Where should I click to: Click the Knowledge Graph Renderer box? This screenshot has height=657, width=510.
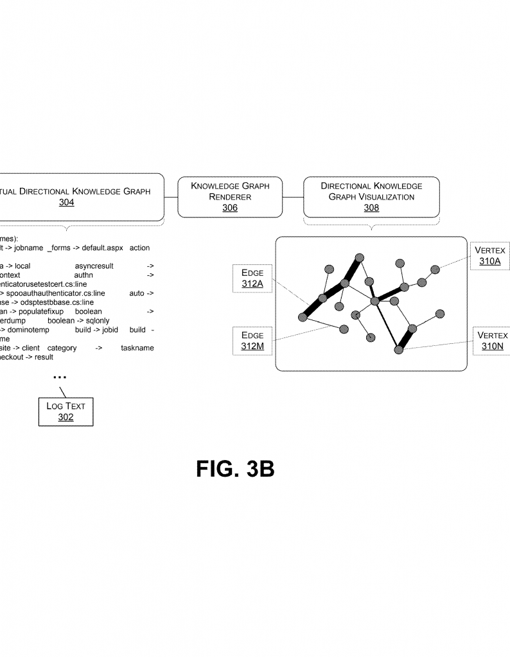point(229,196)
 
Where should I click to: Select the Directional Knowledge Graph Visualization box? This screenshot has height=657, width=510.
point(371,196)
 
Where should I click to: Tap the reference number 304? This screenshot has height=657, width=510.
point(66,203)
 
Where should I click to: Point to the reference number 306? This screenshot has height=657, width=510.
point(229,208)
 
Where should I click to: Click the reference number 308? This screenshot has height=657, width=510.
point(371,208)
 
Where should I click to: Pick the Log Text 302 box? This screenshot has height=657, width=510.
point(66,411)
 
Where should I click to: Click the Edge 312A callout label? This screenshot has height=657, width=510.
point(252,278)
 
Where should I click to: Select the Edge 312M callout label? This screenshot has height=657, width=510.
point(252,341)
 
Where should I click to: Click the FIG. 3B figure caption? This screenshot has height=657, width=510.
point(235,469)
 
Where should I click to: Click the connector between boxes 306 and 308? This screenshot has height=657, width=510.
point(292,196)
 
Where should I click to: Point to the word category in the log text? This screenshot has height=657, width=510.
point(62,348)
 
